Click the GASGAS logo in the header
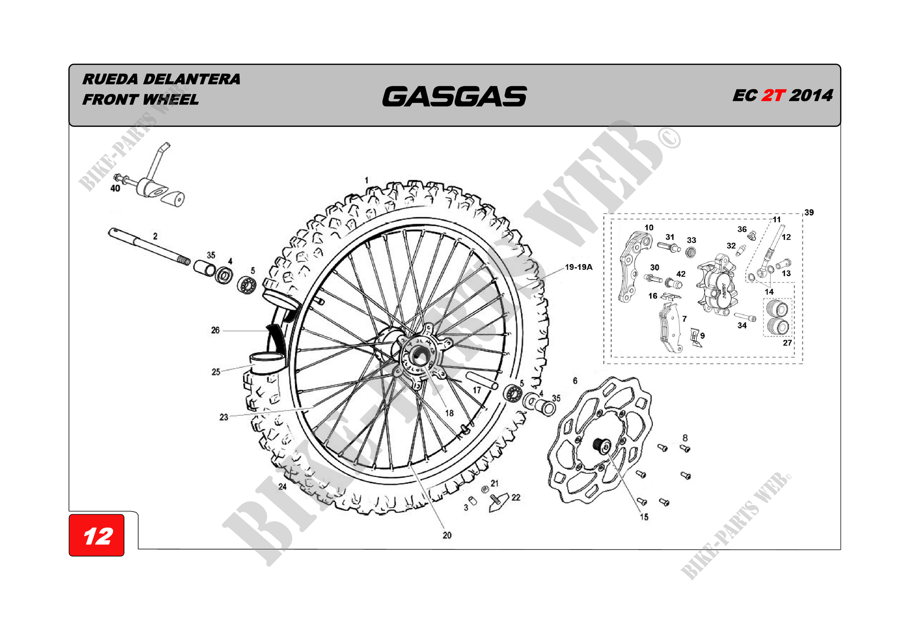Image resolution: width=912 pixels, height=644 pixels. [x=454, y=97]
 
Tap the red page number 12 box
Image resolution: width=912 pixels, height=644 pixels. [x=97, y=536]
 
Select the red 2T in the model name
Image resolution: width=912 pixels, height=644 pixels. [x=773, y=96]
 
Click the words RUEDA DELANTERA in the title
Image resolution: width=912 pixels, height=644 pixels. [x=161, y=79]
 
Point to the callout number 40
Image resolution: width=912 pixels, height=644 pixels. [x=115, y=188]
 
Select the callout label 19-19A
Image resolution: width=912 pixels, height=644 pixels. [x=578, y=267]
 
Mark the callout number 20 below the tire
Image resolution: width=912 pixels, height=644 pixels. [x=447, y=535]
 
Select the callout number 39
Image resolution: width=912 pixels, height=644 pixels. [x=809, y=212]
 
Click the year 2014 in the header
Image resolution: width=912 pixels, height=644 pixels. [x=811, y=96]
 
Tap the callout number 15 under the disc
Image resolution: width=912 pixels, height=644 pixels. [x=644, y=517]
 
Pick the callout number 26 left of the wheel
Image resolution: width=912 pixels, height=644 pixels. [x=215, y=330]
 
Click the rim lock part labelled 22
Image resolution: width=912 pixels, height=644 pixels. [x=498, y=502]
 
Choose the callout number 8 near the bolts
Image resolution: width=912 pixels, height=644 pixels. [x=685, y=438]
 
